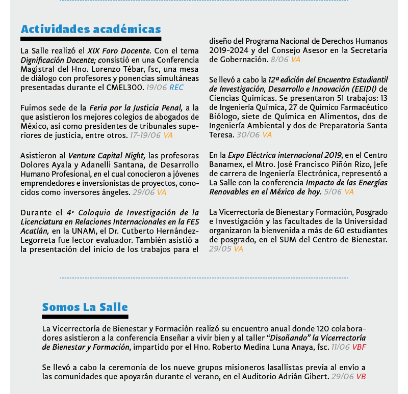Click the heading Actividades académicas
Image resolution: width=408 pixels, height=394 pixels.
click(x=91, y=29)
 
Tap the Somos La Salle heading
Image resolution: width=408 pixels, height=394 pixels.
click(x=85, y=307)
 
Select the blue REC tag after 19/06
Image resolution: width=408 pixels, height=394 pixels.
click(x=176, y=88)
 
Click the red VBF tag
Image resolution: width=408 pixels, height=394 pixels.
click(x=359, y=347)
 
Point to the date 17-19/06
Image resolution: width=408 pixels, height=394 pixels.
click(x=145, y=135)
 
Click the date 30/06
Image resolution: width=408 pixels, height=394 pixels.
click(x=248, y=135)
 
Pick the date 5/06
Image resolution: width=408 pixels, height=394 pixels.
click(x=333, y=192)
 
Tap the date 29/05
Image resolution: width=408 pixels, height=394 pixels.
click(x=220, y=249)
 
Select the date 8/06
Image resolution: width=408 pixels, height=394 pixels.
click(x=279, y=60)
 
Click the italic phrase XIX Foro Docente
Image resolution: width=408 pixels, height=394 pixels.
click(x=119, y=51)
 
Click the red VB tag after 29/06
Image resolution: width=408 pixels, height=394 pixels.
click(x=361, y=377)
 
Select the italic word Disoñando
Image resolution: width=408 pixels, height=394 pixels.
click(x=289, y=338)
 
